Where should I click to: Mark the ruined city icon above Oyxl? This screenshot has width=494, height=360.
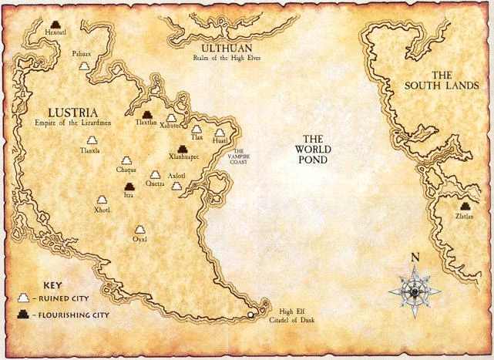(x=140, y=230)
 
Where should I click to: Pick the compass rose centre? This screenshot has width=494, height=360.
(x=416, y=291)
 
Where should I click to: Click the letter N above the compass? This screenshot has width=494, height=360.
(x=415, y=258)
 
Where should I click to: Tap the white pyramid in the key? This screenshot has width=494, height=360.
(x=24, y=297)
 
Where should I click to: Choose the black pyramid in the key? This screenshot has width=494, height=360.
(x=24, y=314)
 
